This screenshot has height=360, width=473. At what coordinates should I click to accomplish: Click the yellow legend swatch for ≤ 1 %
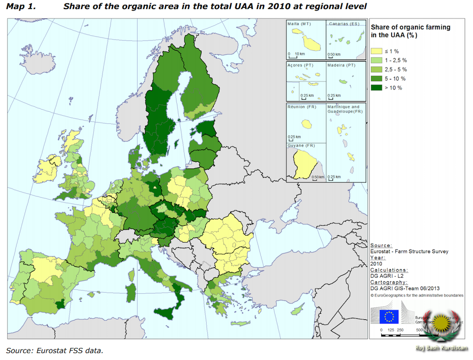(x=376, y=51)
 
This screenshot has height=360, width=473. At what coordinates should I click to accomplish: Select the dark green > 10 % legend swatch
(x=376, y=87)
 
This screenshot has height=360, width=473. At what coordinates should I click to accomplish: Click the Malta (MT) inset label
(x=299, y=24)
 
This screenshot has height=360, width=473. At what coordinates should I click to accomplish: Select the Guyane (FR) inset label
(x=303, y=145)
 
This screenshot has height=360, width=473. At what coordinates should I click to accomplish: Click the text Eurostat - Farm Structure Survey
(x=409, y=251)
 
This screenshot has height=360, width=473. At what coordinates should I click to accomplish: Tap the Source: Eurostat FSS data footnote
(x=54, y=351)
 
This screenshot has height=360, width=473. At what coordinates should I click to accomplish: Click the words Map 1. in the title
(x=21, y=7)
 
